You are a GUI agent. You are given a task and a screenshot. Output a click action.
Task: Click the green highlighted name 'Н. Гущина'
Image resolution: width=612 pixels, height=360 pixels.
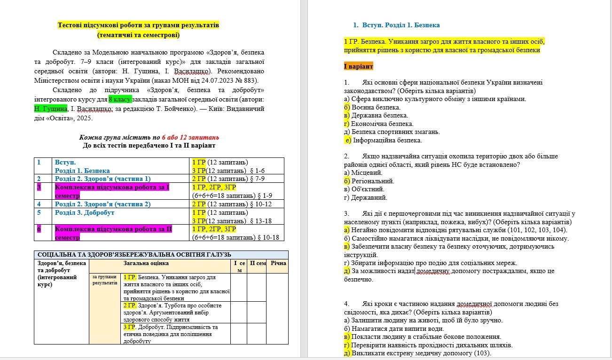[51, 109]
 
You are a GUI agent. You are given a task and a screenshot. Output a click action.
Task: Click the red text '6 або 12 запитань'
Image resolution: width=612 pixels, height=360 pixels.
[190, 137]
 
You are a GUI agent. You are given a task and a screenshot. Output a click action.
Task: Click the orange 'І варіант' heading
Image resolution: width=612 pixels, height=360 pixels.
[359, 67]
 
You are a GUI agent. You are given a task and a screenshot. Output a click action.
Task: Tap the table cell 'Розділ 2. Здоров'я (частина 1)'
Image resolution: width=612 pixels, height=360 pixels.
[102, 179]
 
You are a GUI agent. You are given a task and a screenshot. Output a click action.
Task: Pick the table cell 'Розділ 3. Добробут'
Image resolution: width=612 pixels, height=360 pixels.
[85, 212]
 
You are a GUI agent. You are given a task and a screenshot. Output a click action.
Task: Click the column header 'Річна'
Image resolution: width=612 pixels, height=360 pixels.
[278, 263]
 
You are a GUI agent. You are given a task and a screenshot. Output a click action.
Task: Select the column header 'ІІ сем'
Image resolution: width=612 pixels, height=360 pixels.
[257, 263]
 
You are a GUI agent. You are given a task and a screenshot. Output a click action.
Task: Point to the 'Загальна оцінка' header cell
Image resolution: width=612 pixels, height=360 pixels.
[146, 263]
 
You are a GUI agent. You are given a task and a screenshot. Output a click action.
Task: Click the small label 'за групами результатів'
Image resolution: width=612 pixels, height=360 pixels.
[105, 280]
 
